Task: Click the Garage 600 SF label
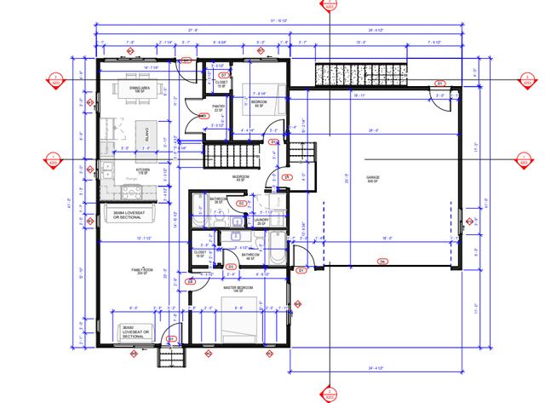coord(372,180)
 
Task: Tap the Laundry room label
coord(261,220)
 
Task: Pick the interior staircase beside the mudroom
coord(232,156)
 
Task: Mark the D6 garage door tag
coord(382,261)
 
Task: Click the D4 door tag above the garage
coord(439,83)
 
